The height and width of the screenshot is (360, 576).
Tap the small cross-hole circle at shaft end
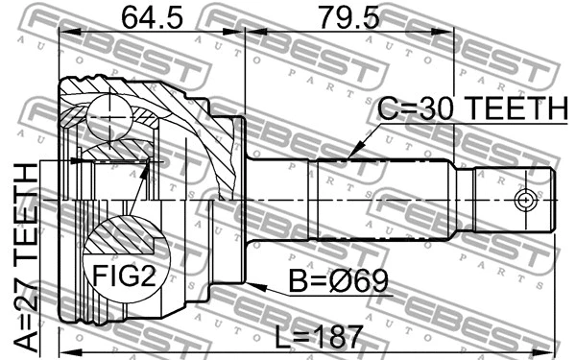[x=524, y=200]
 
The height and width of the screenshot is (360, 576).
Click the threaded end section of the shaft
[x=514, y=200]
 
